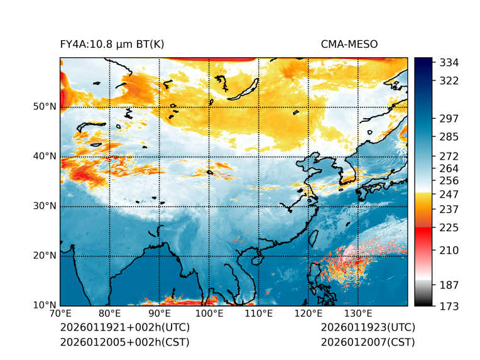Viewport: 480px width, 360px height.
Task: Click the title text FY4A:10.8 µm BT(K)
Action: pos(112,44)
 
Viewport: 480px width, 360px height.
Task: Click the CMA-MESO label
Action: pos(349,44)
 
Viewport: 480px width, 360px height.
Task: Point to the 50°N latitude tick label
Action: pos(45,107)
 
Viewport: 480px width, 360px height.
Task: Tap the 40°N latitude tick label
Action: pos(45,156)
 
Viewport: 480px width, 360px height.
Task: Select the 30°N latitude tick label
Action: pos(45,206)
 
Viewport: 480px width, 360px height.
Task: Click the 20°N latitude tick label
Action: pos(45,256)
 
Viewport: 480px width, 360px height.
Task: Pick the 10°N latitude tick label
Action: pos(45,305)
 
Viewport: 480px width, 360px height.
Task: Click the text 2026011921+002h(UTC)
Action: pos(124,328)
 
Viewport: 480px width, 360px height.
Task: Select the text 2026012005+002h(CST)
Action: pos(124,342)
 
